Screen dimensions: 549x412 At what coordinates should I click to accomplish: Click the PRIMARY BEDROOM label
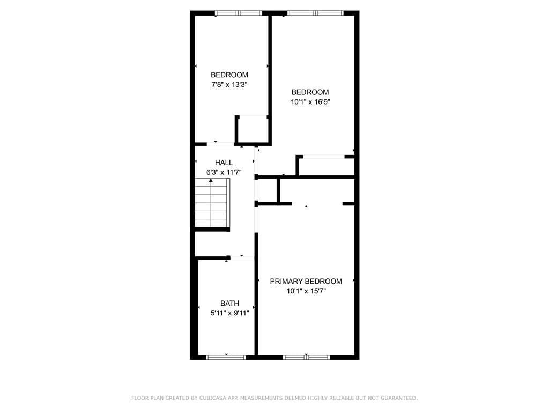click(x=306, y=281)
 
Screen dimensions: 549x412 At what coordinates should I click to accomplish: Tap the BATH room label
click(x=229, y=304)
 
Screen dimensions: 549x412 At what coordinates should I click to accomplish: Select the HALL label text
click(x=224, y=163)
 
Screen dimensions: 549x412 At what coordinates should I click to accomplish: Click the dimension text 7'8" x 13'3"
click(x=229, y=84)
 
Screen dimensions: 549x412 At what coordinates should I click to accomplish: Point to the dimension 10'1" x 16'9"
click(x=310, y=102)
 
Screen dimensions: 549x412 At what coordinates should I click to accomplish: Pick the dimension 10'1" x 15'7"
click(x=306, y=291)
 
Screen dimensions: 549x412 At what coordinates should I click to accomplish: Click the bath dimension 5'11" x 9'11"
click(x=229, y=313)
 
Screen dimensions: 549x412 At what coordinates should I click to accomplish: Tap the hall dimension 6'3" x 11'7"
click(x=224, y=172)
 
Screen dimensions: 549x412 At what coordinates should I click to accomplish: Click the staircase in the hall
click(x=212, y=203)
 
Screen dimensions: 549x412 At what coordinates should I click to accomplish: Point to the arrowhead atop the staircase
click(x=211, y=180)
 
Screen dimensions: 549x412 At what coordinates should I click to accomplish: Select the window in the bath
click(x=226, y=357)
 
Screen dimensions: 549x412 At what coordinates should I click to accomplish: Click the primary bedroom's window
click(x=306, y=357)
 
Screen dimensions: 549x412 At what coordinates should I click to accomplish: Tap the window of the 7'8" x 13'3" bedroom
click(x=239, y=13)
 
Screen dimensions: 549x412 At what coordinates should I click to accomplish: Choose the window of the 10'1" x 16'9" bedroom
click(x=315, y=13)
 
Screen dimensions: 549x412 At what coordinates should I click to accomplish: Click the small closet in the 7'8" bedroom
click(x=253, y=130)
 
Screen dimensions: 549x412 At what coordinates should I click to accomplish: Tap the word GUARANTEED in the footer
click(x=398, y=398)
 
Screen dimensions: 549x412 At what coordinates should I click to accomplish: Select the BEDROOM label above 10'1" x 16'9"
click(x=310, y=92)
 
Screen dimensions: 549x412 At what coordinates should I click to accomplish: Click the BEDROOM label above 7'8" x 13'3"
click(x=229, y=75)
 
